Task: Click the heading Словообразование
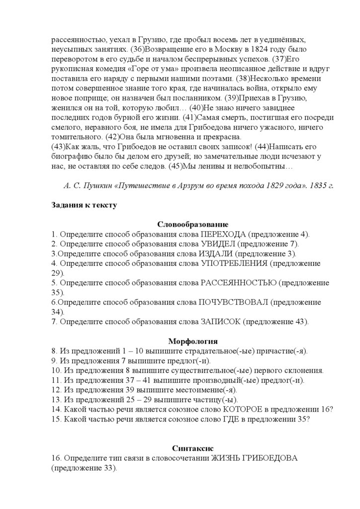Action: pos(193,224)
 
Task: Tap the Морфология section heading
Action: pos(193,341)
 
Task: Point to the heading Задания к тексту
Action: pos(84,205)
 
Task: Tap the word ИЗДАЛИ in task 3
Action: pos(216,254)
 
